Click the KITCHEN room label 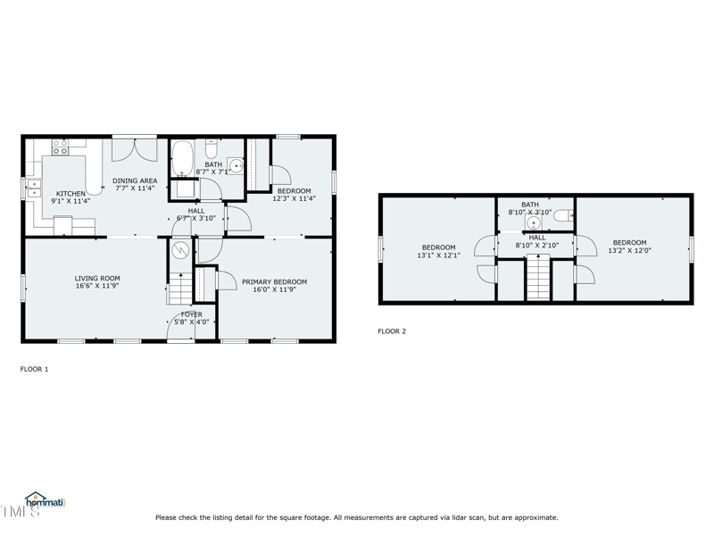click(71, 194)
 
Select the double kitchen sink click(34, 188)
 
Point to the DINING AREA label click(135, 180)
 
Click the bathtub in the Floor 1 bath click(182, 158)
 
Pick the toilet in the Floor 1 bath click(212, 147)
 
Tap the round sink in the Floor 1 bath click(236, 164)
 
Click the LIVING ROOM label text click(97, 279)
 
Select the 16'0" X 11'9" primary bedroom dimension click(274, 290)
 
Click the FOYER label click(191, 314)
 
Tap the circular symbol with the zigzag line click(181, 250)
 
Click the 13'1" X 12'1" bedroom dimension click(438, 255)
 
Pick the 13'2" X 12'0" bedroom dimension click(629, 251)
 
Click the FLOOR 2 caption click(392, 331)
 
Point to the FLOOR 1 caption click(35, 368)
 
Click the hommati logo click(45, 501)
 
